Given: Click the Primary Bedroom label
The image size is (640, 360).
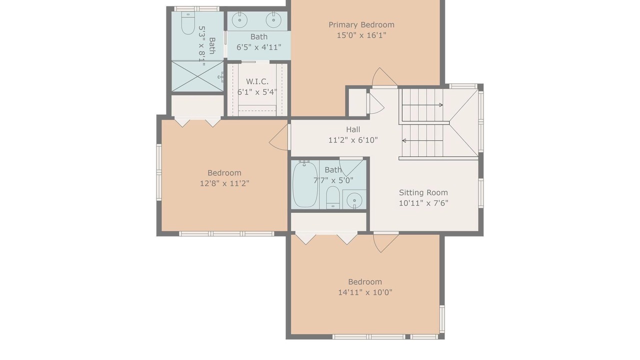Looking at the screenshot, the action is pos(361,25).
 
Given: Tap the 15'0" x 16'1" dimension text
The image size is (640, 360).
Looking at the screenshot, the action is pos(361,35).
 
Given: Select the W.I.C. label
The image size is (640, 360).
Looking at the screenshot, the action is pos(257,81).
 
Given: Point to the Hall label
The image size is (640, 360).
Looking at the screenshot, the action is pos(353,129).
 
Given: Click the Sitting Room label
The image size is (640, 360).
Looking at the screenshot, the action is pos(423,193).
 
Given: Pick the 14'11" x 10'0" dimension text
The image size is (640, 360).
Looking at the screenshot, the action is pos(365,292).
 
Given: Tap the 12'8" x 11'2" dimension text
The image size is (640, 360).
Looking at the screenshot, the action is pos(224,183).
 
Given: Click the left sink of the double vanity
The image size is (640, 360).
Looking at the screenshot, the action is pos(239,19).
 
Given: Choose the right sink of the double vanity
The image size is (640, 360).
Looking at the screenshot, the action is pos(273,19).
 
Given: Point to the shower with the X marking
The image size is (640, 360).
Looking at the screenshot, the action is pos(197,76).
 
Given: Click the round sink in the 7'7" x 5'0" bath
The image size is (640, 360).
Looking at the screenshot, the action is pos(354,199).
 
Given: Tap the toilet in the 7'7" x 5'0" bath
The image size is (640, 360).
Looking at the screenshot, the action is pos(333,197).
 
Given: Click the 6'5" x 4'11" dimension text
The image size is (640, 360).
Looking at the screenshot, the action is pos(259,47).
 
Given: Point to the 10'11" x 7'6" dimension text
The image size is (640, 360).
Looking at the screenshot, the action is pos(423,203).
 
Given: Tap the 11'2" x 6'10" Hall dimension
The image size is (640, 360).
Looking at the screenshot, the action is pos(353,140).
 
